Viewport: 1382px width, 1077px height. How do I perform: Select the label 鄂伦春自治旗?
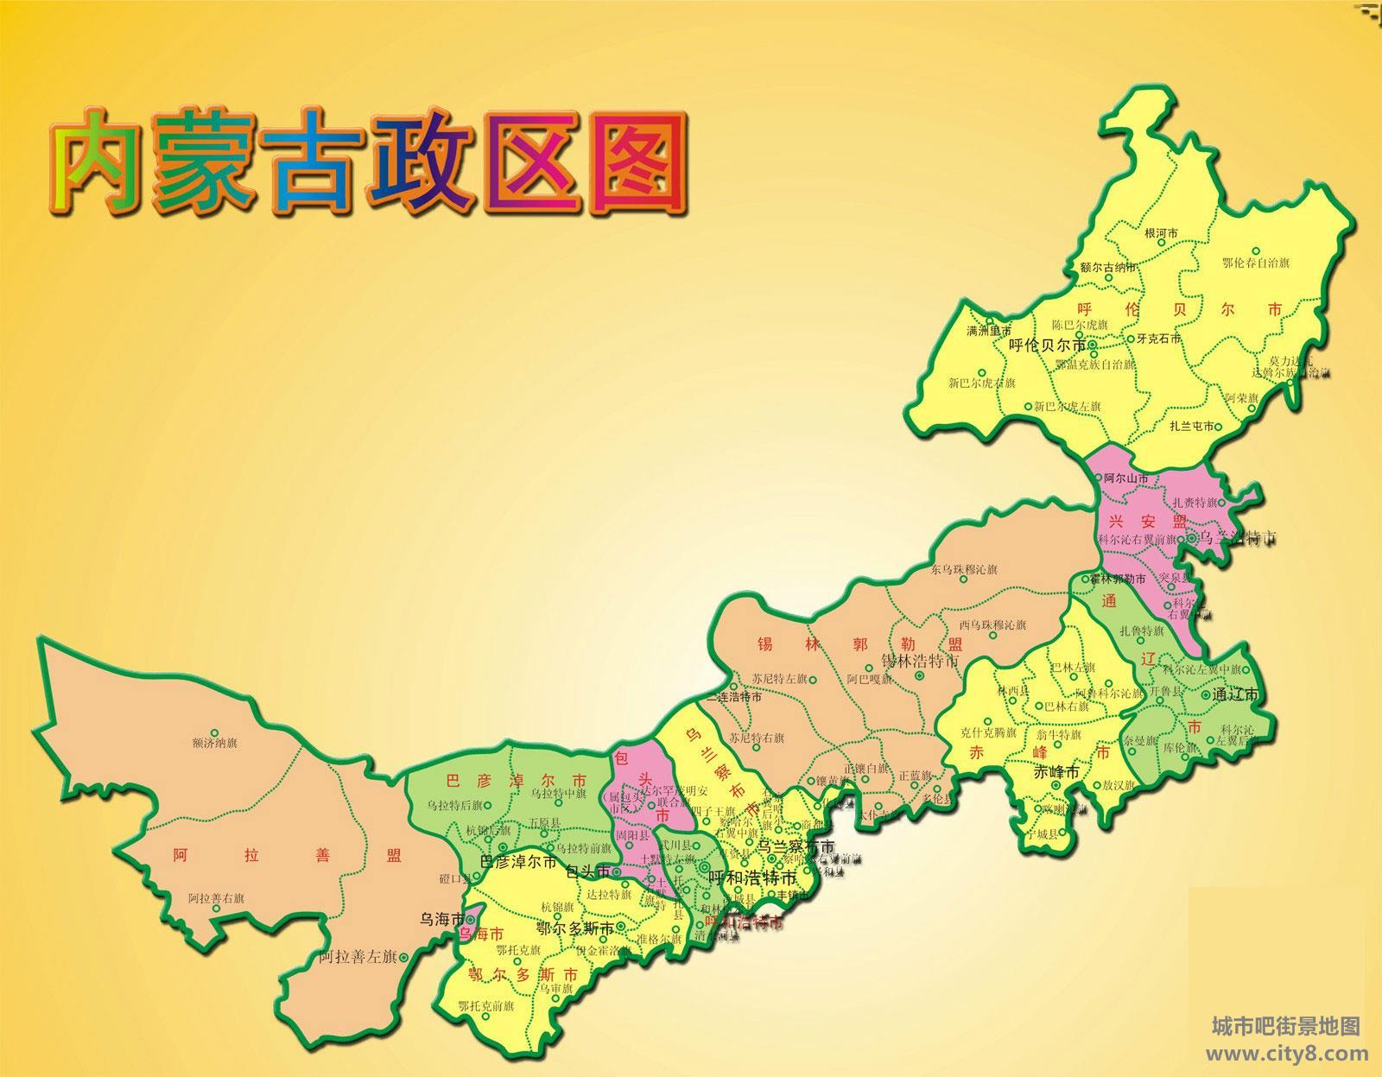click(1256, 263)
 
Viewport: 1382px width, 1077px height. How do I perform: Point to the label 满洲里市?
click(988, 331)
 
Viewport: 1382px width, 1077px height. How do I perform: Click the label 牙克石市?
click(1160, 339)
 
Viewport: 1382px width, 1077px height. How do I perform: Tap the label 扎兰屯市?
click(1192, 426)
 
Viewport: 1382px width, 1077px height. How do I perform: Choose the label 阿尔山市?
click(1126, 478)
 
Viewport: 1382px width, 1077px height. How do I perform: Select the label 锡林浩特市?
click(920, 662)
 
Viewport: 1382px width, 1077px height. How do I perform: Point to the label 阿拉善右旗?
click(216, 898)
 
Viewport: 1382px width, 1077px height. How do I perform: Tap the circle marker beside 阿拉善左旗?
click(403, 955)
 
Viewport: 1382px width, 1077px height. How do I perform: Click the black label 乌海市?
click(441, 919)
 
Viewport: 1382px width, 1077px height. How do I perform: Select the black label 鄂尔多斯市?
click(575, 928)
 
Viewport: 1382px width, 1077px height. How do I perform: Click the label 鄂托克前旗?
click(486, 1006)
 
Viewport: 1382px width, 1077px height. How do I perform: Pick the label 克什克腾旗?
click(988, 732)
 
